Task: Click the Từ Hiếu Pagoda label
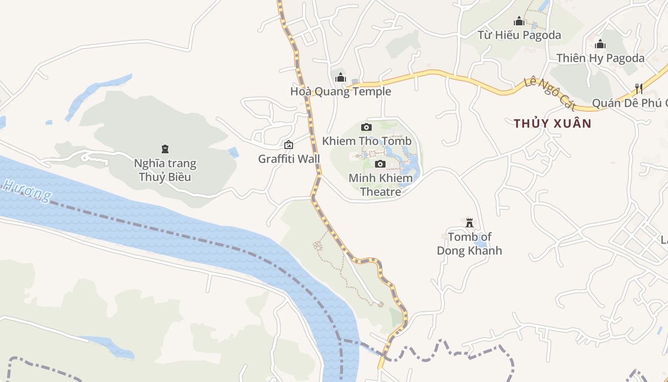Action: (519, 35)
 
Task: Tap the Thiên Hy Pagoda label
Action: (600, 58)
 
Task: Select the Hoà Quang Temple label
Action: (340, 91)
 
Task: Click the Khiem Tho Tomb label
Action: (366, 141)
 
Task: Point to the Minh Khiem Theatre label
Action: (380, 185)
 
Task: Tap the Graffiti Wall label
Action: (289, 159)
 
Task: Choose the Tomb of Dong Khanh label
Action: (470, 244)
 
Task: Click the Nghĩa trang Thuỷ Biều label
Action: (165, 170)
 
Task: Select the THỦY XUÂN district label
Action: (553, 124)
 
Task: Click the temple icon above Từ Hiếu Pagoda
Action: (519, 21)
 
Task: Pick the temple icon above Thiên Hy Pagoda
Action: (600, 44)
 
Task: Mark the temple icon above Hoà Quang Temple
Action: (340, 77)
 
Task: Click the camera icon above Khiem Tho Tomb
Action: (366, 127)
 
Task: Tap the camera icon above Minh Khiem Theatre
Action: (380, 164)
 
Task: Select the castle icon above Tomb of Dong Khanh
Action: (470, 223)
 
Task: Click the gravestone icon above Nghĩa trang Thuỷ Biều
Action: (165, 149)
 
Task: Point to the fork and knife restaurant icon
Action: (639, 88)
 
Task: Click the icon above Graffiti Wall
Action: (289, 145)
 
